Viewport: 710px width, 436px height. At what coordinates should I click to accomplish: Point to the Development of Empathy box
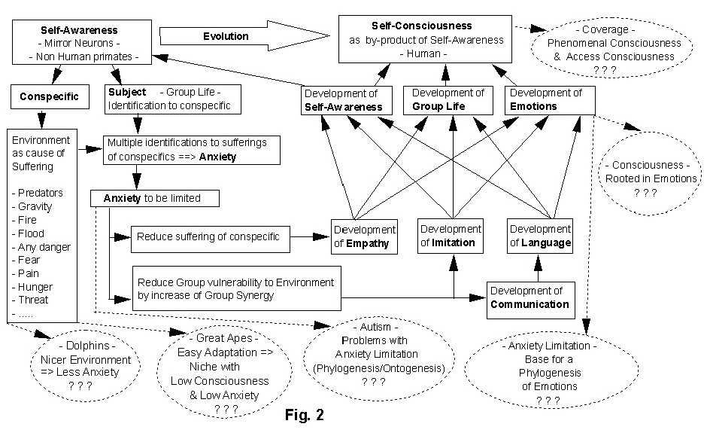click(x=363, y=236)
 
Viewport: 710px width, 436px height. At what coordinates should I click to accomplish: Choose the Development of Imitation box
click(x=451, y=235)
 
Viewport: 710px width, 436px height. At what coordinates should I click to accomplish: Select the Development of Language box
click(x=539, y=235)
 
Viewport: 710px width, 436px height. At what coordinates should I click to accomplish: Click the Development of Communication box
click(x=530, y=298)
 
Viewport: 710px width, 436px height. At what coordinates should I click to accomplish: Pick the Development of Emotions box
click(x=550, y=99)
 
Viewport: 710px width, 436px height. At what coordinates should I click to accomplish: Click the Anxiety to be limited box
click(x=156, y=199)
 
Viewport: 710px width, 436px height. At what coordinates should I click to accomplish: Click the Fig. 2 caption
click(x=306, y=414)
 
